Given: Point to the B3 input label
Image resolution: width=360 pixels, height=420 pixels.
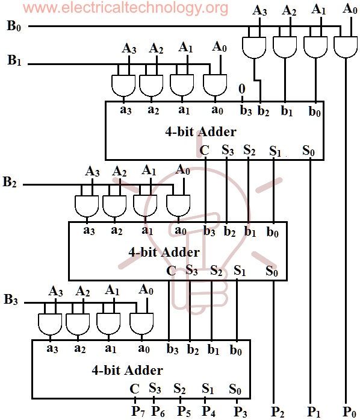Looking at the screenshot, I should click(x=11, y=299).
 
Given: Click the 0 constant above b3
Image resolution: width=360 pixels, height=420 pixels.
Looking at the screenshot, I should click(x=241, y=89).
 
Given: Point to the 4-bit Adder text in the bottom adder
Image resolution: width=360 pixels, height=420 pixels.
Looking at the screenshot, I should click(x=127, y=369).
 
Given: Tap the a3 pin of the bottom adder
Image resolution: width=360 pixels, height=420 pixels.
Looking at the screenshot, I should click(x=52, y=348).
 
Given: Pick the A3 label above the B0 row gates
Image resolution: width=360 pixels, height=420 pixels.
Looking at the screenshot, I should click(x=259, y=10).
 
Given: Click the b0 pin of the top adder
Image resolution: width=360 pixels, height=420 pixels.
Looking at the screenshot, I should click(x=314, y=111).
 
